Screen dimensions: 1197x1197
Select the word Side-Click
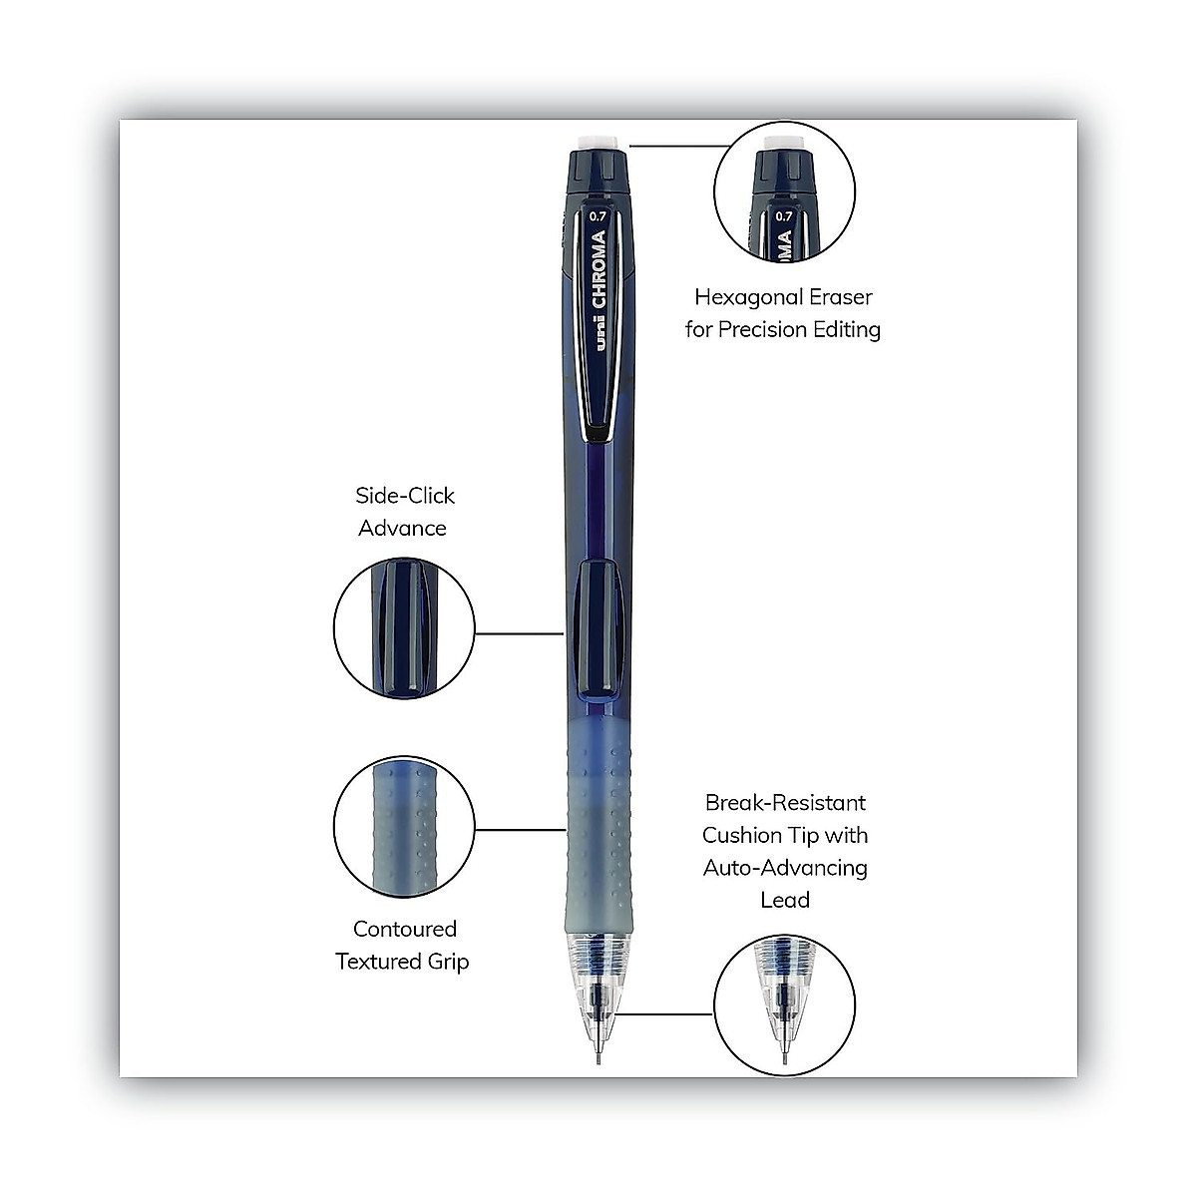point(405,496)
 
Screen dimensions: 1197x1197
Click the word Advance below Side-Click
point(402,528)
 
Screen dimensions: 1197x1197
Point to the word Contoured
point(405,929)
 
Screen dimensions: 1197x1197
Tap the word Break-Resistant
point(785,803)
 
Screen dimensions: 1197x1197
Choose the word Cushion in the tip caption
point(744,835)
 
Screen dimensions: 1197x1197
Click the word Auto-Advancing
point(785,868)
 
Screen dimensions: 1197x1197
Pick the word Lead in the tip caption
point(785,900)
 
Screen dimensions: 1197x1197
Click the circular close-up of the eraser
point(785,193)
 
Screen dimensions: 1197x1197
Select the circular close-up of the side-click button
point(404,626)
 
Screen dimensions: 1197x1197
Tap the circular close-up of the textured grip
point(404,826)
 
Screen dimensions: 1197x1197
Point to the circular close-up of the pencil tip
point(785,1004)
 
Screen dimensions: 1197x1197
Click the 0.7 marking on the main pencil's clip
point(598,215)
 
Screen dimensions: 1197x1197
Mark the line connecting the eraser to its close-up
point(678,146)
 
